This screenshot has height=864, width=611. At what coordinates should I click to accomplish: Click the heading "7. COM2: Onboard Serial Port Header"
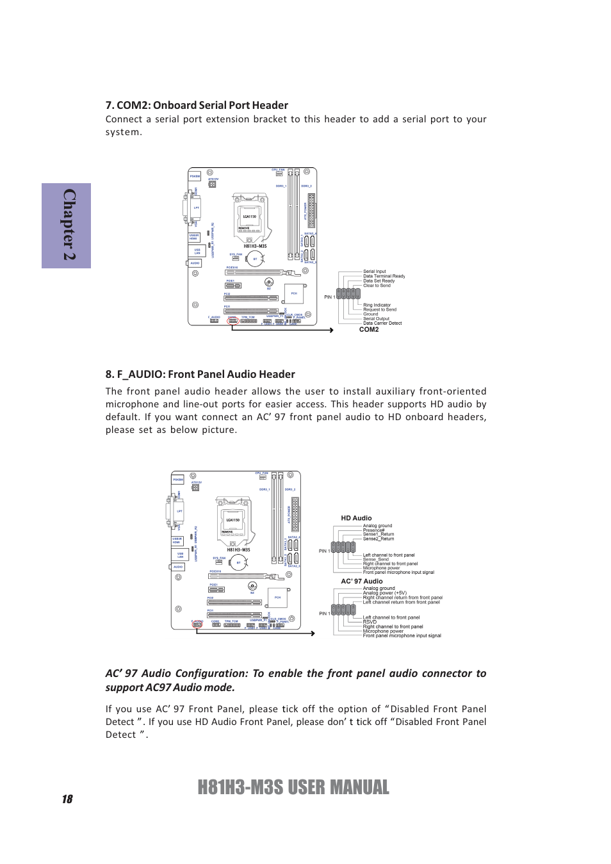(197, 106)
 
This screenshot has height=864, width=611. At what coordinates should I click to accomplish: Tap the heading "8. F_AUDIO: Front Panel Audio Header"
(200, 375)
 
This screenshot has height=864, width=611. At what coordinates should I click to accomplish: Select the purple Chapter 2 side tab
(67, 225)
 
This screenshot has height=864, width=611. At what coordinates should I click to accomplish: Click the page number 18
(67, 799)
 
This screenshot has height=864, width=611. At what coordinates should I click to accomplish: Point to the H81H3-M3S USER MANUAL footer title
(293, 788)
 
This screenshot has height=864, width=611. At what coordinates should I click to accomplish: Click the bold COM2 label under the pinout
(369, 330)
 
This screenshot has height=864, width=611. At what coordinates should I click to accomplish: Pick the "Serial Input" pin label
(375, 272)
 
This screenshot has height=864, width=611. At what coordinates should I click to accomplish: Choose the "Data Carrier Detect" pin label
(382, 323)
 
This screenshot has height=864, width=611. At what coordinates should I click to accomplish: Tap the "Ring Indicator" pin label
(377, 306)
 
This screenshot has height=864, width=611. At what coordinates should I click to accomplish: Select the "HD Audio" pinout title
(356, 518)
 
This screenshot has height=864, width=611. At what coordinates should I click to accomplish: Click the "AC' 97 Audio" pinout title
(362, 582)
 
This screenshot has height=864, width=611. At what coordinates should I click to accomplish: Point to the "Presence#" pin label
(373, 530)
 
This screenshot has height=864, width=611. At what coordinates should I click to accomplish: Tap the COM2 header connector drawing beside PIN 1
(348, 294)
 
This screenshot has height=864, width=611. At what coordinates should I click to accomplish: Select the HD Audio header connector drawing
(343, 548)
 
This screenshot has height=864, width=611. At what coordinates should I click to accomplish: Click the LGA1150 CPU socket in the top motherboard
(250, 216)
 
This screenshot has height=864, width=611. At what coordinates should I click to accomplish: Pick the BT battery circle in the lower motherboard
(238, 563)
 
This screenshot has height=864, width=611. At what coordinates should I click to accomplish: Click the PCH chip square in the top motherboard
(294, 293)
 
